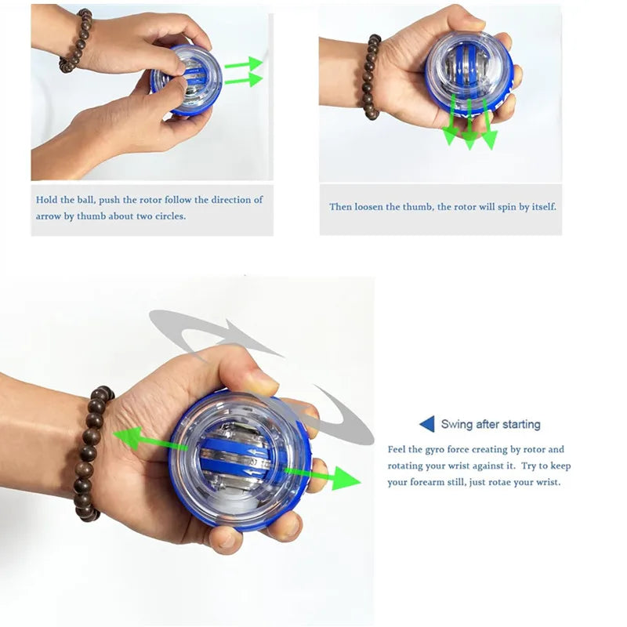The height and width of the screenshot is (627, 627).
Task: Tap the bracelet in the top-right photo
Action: (x=371, y=76)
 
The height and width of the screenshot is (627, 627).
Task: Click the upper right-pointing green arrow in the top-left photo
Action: (x=245, y=63)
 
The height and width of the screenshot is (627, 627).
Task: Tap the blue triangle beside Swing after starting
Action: (x=426, y=424)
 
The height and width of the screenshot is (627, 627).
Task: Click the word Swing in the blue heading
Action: (x=456, y=425)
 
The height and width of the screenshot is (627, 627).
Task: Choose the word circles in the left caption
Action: (x=169, y=216)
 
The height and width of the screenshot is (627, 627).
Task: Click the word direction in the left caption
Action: (x=232, y=200)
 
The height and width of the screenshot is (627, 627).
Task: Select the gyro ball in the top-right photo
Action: (x=469, y=74)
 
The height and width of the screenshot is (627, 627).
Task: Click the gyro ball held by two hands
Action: (x=182, y=78)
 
